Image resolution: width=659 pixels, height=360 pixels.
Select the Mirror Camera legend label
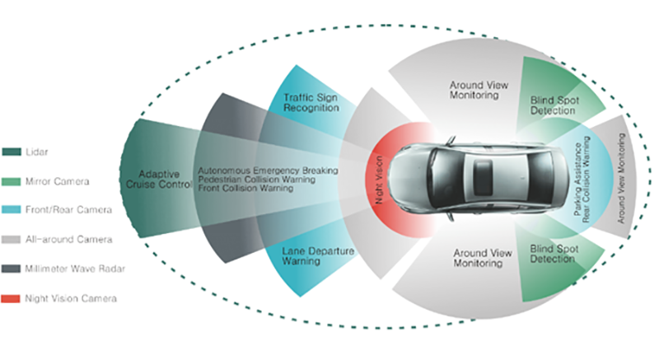click(x=57, y=181)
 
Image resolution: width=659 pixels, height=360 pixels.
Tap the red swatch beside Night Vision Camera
click(x=12, y=298)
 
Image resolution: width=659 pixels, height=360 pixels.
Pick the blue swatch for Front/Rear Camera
click(x=12, y=210)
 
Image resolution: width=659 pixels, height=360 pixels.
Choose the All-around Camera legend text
click(x=66, y=239)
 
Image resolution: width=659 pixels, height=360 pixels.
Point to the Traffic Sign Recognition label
click(x=306, y=103)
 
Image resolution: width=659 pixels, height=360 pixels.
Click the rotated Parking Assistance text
click(x=579, y=180)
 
